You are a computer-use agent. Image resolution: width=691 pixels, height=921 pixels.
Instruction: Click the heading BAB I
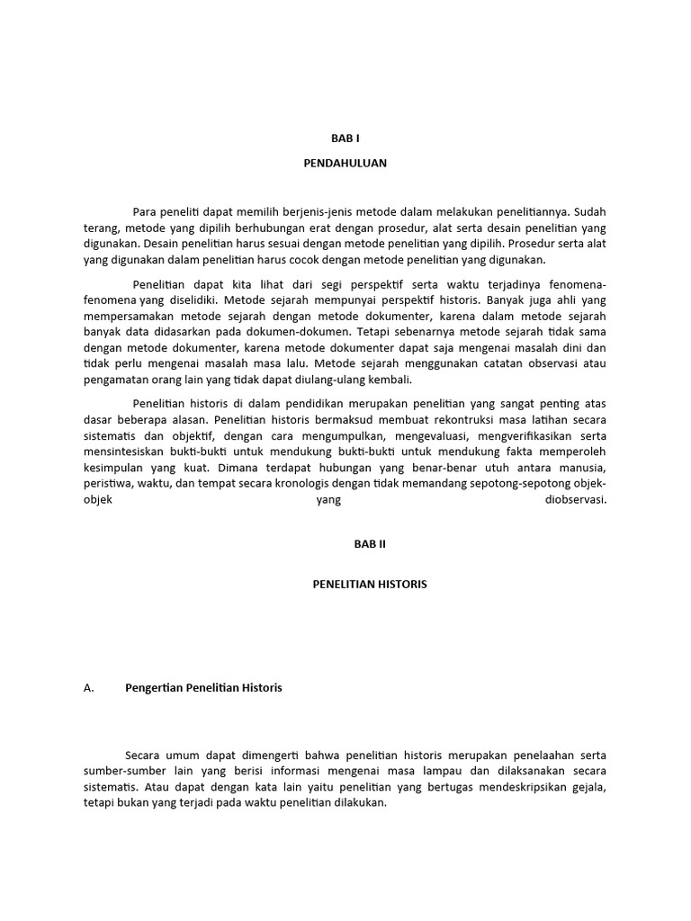coord(345,139)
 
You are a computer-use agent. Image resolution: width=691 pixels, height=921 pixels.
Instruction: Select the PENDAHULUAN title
coord(345,165)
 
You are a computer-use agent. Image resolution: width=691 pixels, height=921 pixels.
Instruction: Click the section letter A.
coord(88,688)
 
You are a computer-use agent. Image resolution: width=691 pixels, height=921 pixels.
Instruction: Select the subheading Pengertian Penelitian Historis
coord(203,688)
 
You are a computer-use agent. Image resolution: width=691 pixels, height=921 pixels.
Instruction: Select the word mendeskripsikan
coord(527,787)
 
